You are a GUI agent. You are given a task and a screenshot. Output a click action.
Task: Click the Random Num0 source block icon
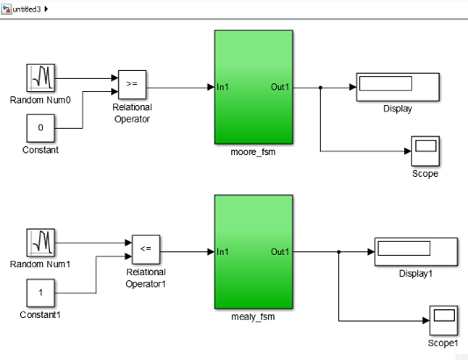(x=40, y=78)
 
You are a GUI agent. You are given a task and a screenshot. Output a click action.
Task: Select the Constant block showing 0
(x=40, y=128)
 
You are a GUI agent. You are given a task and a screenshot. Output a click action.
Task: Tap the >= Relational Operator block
(x=132, y=84)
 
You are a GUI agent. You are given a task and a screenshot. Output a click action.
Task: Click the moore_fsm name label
(x=253, y=152)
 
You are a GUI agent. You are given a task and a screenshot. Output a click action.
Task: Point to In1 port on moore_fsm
(x=223, y=87)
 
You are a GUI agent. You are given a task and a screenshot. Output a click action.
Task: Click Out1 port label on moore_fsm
(x=280, y=87)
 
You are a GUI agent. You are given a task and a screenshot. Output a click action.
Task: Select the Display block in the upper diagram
(x=398, y=87)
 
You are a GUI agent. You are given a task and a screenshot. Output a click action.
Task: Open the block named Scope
(x=425, y=151)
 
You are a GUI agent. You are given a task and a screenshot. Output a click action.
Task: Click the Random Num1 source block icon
(x=40, y=243)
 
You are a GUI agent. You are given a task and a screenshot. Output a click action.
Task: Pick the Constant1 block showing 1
(x=40, y=293)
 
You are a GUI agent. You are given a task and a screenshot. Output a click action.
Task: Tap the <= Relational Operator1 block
(x=146, y=250)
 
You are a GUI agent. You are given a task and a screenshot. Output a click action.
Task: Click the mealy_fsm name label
(x=253, y=317)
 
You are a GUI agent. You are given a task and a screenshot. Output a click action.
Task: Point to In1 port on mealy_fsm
(x=223, y=251)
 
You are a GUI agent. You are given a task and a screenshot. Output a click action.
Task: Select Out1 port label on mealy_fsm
(x=280, y=251)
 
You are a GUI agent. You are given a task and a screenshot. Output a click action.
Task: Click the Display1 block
(x=416, y=251)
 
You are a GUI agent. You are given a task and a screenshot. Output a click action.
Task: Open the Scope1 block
(x=443, y=321)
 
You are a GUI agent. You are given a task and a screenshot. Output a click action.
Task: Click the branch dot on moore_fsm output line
(x=320, y=88)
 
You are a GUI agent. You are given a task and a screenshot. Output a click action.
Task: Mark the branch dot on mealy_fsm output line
(x=339, y=252)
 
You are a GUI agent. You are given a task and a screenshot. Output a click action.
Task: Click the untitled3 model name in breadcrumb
(x=26, y=10)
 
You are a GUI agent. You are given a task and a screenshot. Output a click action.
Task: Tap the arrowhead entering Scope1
(x=426, y=321)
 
